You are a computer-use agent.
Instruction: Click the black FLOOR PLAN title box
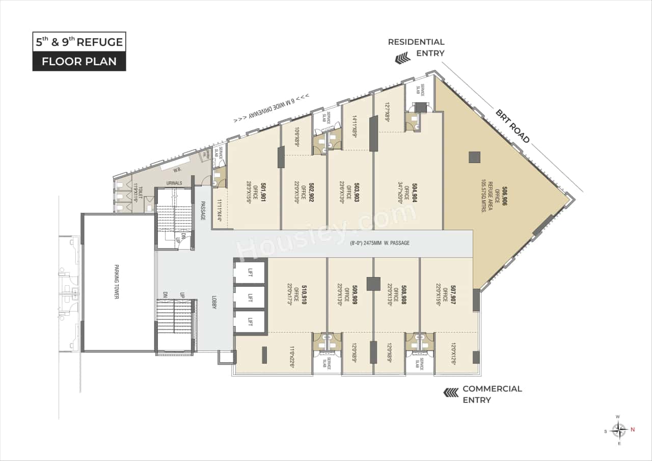coord(79,62)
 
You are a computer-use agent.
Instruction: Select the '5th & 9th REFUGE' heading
coord(79,42)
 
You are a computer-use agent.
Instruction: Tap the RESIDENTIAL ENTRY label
coord(416,47)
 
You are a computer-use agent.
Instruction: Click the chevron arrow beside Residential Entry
coord(402,60)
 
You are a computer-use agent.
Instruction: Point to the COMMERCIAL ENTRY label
coord(492,394)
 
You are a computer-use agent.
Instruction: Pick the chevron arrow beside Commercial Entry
coord(451,392)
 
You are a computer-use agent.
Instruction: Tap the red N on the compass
coord(633,429)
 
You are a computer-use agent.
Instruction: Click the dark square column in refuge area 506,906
coord(474,157)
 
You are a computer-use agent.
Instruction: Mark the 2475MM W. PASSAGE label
coord(379,243)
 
